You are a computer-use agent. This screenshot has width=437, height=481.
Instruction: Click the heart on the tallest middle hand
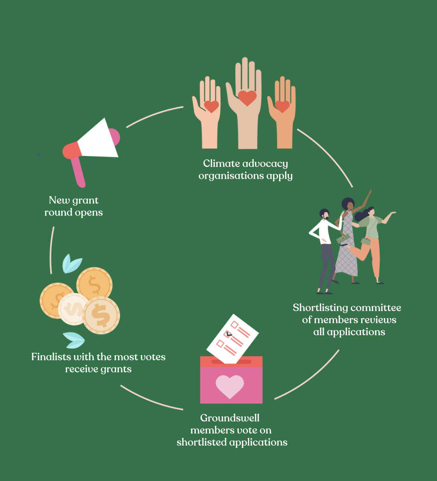click(247, 98)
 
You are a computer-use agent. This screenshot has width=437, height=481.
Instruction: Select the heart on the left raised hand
click(211, 106)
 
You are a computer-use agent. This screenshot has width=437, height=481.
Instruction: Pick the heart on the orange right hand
click(282, 106)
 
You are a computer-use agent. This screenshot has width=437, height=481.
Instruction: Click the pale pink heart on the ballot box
click(230, 386)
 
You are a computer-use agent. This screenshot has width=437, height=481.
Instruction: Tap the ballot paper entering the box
click(232, 338)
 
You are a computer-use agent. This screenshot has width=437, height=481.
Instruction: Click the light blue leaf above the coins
click(72, 264)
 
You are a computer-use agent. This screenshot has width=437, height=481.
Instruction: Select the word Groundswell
click(230, 418)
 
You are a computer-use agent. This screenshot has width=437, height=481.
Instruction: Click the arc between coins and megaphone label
click(51, 250)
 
